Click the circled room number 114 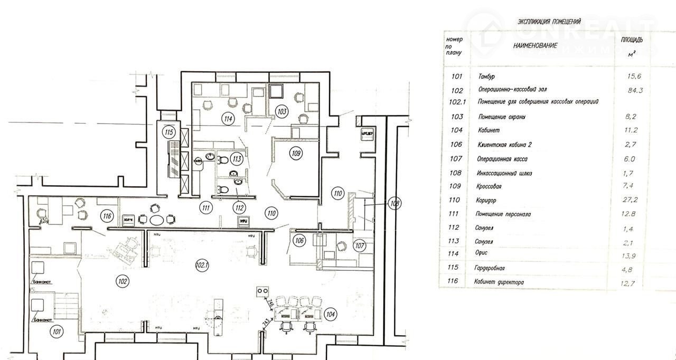(x=228, y=119)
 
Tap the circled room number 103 (x=282, y=111)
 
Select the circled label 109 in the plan (x=296, y=154)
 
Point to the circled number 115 (x=169, y=132)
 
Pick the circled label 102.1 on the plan (x=202, y=266)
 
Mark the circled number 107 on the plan (x=360, y=245)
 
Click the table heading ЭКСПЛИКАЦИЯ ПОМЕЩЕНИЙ (x=549, y=22)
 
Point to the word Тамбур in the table (x=486, y=77)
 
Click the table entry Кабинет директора (x=500, y=282)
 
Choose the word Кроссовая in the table (x=492, y=186)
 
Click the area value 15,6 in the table (x=634, y=77)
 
